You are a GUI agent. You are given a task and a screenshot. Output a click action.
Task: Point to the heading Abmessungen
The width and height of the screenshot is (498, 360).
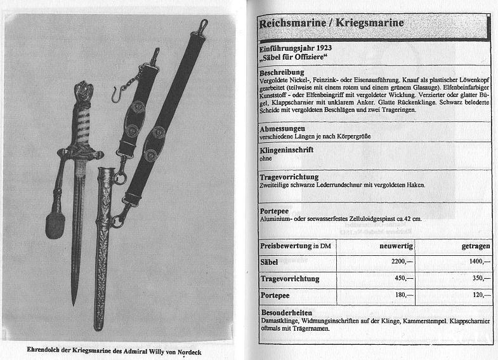point(287,129)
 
